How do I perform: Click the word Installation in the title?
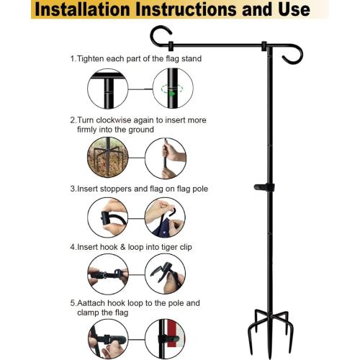pos(83,9)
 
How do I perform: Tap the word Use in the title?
pos(294,9)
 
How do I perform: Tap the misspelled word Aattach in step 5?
pos(91,303)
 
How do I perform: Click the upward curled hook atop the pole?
pos(160,35)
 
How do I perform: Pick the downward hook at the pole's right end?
pos(293,55)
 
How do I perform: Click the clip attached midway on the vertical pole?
pos(264,187)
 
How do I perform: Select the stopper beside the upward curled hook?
pos(171,46)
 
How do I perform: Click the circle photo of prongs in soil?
pos(107,158)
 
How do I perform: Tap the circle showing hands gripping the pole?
pos(166,158)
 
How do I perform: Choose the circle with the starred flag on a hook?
pos(165,217)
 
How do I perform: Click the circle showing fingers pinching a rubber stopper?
pos(108,217)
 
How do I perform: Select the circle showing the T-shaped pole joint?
pos(108,89)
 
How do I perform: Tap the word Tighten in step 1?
pos(91,59)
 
